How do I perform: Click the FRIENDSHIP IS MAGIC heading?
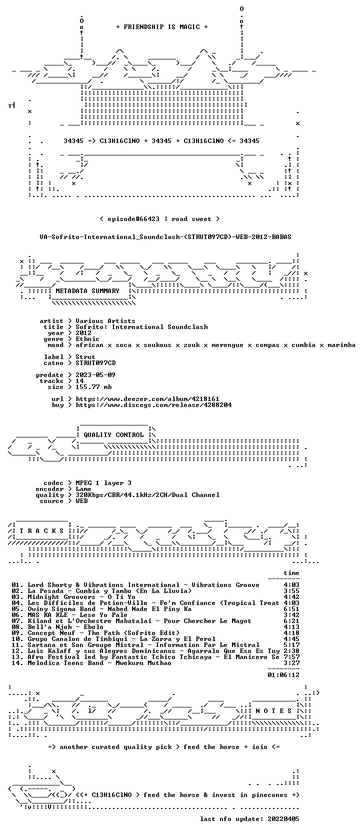162,27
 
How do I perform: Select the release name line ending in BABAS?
165,237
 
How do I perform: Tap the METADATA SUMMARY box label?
87,291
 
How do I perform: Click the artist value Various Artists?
105,321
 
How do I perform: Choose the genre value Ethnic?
87,339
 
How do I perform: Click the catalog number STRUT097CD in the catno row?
95,362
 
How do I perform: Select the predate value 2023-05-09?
95,375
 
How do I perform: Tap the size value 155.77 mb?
93,387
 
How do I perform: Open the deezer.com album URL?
147,399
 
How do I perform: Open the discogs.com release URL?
153,404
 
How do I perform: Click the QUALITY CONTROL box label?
113,435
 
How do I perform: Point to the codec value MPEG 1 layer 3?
103,483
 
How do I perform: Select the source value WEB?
81,501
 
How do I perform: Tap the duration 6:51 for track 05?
291,609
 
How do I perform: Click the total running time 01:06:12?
283,675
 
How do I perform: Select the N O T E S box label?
273,711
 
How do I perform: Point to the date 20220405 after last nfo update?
283,819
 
